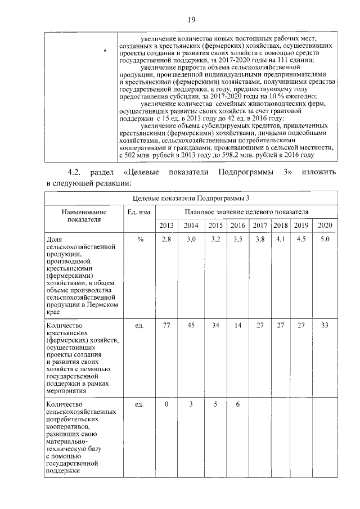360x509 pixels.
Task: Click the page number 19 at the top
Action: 191,20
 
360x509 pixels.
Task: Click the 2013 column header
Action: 166,226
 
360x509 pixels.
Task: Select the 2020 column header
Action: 325,226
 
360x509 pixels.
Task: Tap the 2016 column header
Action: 237,226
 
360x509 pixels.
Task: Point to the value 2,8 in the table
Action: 166,240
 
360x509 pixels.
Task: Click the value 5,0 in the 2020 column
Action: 325,240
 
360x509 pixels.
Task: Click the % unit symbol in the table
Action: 140,240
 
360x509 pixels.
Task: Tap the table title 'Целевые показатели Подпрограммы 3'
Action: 191,197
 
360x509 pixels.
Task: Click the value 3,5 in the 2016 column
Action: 237,240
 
